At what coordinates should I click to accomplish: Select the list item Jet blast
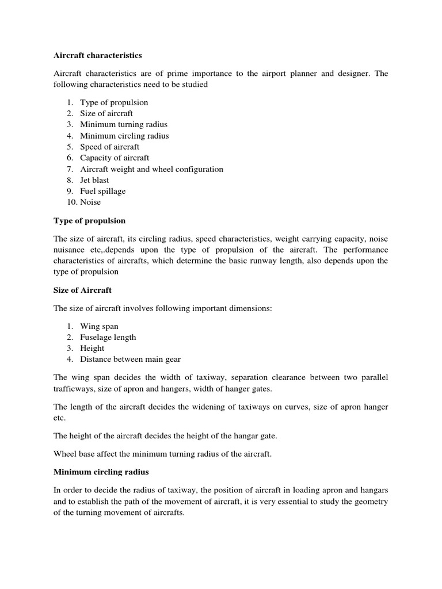click(x=94, y=180)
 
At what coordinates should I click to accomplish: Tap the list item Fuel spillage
click(x=102, y=191)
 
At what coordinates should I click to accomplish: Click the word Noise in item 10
click(x=90, y=202)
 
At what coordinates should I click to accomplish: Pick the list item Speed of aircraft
click(x=109, y=147)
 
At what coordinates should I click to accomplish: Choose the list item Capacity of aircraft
click(x=115, y=158)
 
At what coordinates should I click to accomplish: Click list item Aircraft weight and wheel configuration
click(x=151, y=169)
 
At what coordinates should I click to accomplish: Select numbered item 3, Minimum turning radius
click(x=124, y=124)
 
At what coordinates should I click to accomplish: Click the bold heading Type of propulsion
click(x=89, y=221)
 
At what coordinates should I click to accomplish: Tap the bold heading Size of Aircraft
click(x=82, y=290)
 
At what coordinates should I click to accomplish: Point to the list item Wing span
click(x=99, y=326)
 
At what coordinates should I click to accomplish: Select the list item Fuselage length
click(x=108, y=337)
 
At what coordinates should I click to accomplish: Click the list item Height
click(x=92, y=348)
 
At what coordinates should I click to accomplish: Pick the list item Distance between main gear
click(x=130, y=359)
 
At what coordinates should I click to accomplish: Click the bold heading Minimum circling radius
click(x=101, y=472)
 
